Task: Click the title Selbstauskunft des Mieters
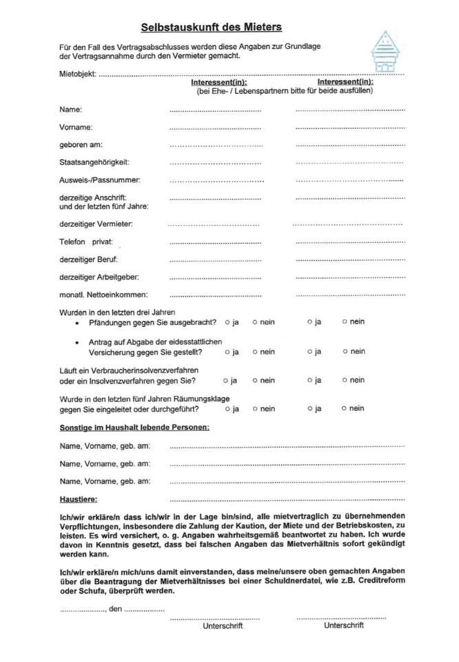211,27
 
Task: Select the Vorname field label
76,128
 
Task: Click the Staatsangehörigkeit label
94,162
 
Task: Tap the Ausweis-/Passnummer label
100,180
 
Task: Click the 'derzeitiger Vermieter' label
96,224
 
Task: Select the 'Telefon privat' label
86,242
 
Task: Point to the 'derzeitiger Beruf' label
89,259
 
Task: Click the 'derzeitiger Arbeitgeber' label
99,277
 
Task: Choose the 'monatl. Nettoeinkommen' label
103,295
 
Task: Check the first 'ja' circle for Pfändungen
227,322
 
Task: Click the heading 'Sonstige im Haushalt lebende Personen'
134,428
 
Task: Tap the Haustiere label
79,498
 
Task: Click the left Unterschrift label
223,626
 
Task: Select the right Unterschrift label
344,625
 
